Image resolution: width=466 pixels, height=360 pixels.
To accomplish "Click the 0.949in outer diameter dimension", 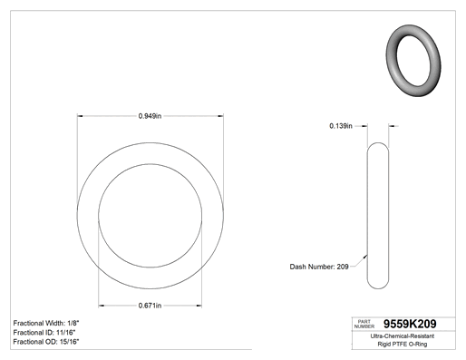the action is coord(150,116).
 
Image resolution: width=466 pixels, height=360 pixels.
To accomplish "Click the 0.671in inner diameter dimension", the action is coord(150,306).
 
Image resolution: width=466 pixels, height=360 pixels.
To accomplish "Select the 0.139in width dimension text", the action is coord(341,126).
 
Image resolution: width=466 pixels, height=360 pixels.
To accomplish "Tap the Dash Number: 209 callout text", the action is coord(319,267).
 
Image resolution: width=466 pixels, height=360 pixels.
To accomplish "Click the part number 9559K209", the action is coord(410,324).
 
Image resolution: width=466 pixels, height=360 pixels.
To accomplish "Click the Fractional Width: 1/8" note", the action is coord(46,323).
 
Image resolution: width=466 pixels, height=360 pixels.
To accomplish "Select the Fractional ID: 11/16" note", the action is coord(44,333).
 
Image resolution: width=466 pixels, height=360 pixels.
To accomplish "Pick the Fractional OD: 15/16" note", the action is coord(46,342).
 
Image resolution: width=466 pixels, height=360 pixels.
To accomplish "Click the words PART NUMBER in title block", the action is coord(364,324).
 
